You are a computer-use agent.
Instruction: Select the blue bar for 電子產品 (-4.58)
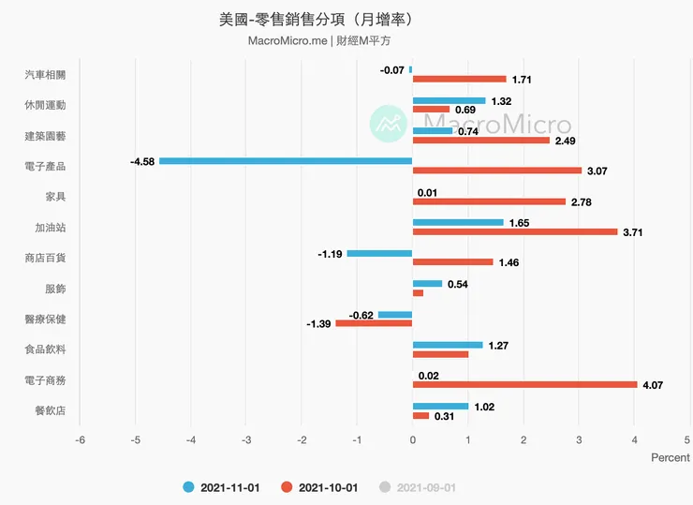tap(286, 161)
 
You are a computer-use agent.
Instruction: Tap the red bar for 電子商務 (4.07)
tap(524, 384)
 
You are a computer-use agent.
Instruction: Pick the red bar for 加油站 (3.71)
tap(515, 231)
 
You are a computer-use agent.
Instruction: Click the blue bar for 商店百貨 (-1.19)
tap(379, 253)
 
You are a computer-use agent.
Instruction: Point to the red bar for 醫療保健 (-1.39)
tap(374, 323)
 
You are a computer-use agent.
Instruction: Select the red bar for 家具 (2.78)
tap(489, 201)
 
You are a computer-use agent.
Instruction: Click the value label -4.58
tap(142, 161)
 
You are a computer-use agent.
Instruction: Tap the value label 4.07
tap(652, 385)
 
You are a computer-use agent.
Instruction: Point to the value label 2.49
tap(565, 141)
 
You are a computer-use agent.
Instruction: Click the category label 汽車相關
tap(52, 74)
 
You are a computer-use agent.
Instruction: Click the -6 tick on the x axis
tap(81, 438)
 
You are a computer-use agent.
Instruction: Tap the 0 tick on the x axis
tap(412, 438)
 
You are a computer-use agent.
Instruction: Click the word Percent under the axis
tap(670, 458)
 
